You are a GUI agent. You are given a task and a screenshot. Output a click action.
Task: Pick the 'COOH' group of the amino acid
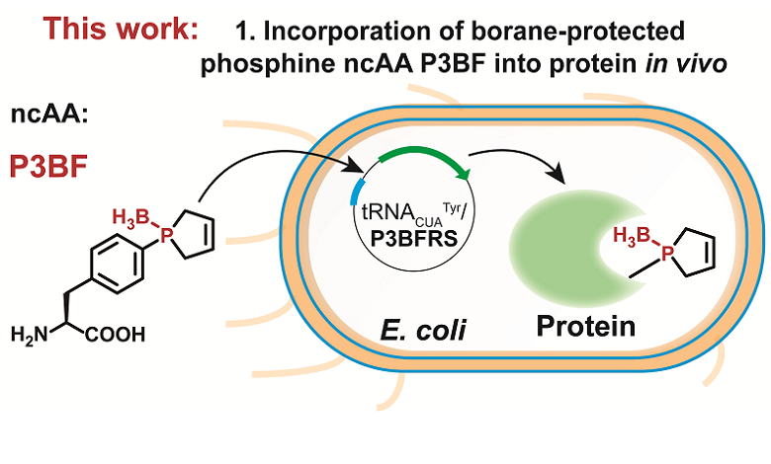click(118, 333)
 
